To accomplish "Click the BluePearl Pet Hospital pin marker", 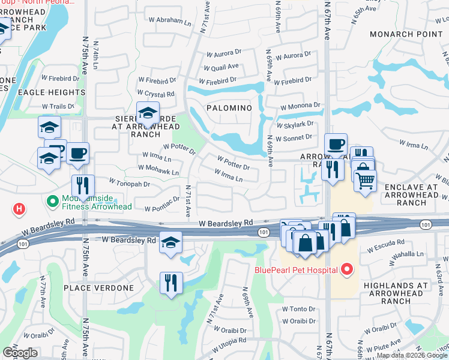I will tap(346, 270).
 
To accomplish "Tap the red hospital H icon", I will tap(19, 209).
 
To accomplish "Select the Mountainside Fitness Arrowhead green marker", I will tap(51, 200).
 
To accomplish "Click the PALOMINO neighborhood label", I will tap(228, 107).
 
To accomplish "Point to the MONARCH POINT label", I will tap(406, 34).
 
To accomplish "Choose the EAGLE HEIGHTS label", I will tap(51, 92).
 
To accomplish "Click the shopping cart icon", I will tap(365, 179).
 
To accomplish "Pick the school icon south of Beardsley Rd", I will tap(171, 242).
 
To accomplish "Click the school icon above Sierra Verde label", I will tap(147, 112).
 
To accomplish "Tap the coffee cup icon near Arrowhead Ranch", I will tap(336, 144).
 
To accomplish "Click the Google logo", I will tap(20, 353).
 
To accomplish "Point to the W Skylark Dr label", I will tap(295, 124).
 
